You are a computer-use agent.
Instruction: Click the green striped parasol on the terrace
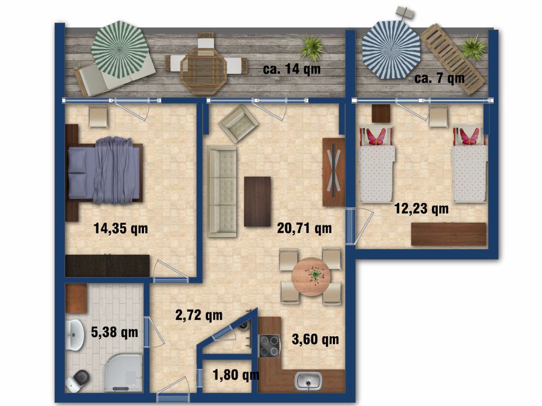coord(120,49)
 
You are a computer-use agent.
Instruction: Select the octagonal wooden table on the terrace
coord(204,71)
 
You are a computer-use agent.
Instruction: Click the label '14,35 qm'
coord(121,228)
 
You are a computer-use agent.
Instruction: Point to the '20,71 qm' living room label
coord(304,228)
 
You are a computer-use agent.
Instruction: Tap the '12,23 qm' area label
coord(421,209)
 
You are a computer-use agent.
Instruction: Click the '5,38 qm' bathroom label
coord(114,333)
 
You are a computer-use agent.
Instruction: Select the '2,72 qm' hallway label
coord(199,315)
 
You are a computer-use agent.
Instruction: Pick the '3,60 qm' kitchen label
coord(315,339)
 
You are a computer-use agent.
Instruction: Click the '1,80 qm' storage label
coord(236,375)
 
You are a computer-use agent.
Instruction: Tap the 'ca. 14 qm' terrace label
coord(292,69)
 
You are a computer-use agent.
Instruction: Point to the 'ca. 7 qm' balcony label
coord(440,78)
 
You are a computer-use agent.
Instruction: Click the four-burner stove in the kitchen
coord(269,346)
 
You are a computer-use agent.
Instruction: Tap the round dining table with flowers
coord(311,277)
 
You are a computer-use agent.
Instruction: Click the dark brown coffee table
coord(258,201)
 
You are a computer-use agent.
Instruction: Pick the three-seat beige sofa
coord(222,191)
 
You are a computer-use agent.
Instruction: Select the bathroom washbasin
coord(74,335)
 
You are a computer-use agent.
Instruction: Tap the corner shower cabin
coord(123,373)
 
